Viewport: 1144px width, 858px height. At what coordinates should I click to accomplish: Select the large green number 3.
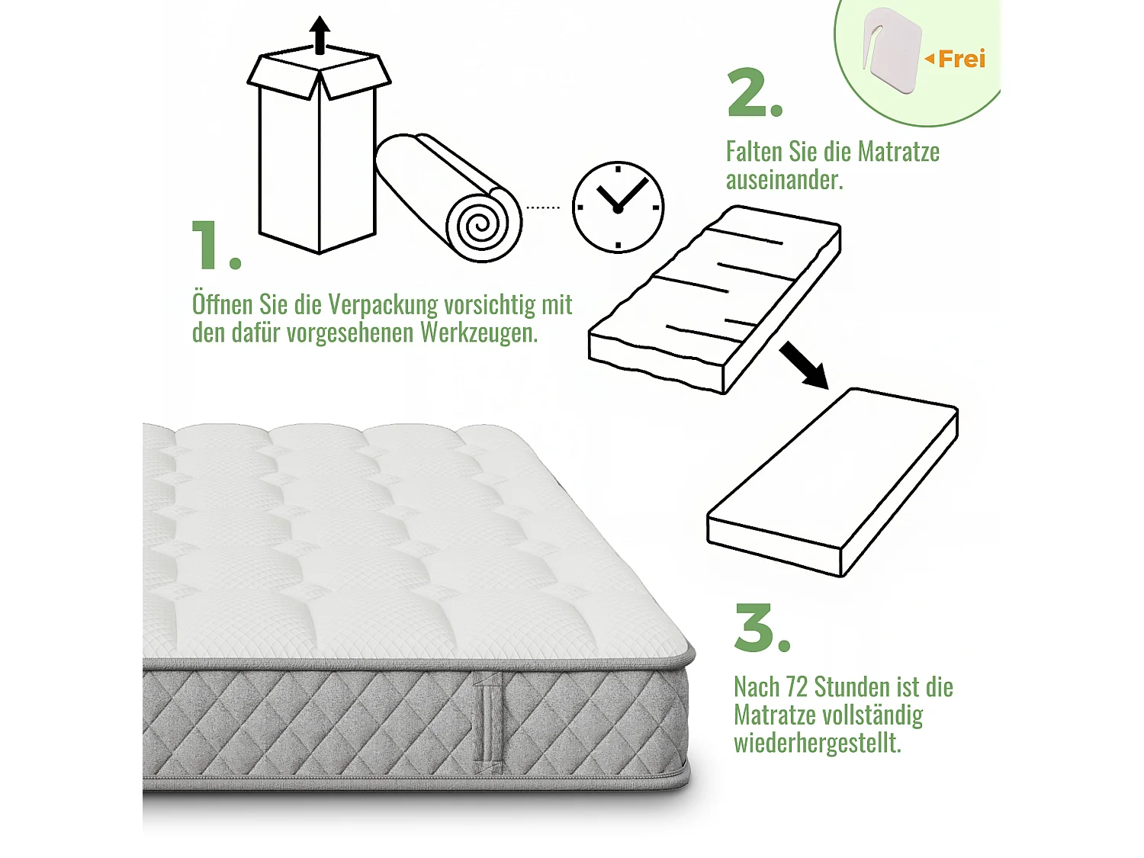(x=754, y=628)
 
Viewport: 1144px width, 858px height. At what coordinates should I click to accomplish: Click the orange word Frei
(x=961, y=59)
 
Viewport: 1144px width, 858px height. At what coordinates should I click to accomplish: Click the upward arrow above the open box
(x=320, y=34)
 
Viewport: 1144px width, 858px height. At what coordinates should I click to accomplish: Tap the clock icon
(x=618, y=207)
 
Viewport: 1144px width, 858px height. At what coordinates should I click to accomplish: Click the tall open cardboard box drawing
(x=318, y=153)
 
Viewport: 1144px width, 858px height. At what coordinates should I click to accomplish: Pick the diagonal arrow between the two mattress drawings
(x=804, y=365)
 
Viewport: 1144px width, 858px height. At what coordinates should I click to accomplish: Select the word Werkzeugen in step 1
(x=478, y=333)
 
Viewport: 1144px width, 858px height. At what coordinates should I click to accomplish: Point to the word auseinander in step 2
(x=783, y=180)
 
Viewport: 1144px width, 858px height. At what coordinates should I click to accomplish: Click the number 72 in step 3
(x=797, y=687)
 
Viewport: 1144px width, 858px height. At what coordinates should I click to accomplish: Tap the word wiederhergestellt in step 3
(x=817, y=743)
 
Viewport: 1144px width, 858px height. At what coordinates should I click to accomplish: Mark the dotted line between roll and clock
(x=543, y=207)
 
